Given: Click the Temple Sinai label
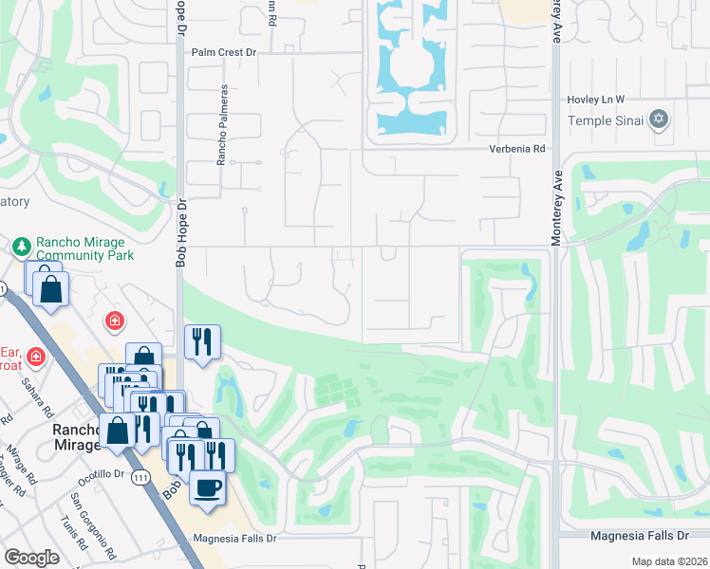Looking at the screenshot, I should point(606,119).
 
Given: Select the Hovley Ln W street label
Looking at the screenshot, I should point(596,99).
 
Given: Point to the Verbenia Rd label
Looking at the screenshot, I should point(517,149).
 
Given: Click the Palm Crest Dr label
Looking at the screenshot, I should point(227,54).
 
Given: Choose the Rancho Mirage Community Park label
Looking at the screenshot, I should point(84,248).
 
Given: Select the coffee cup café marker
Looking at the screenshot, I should point(208,488).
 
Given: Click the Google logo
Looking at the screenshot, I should point(31,558).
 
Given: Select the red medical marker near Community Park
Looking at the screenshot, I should point(114,321).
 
